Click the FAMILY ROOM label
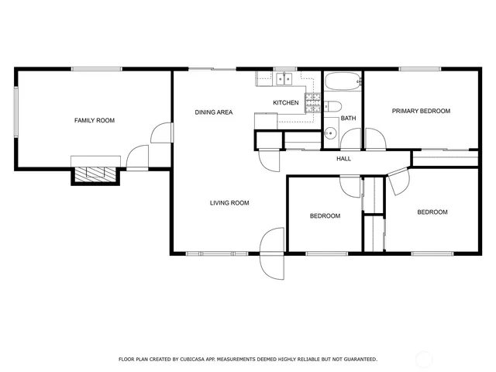pyautogui.click(x=94, y=120)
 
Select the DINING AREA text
pyautogui.click(x=213, y=112)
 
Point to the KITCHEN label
pyautogui.click(x=285, y=102)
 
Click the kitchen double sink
pyautogui.click(x=283, y=78)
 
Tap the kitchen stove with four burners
pyautogui.click(x=312, y=102)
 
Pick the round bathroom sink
pyautogui.click(x=329, y=132)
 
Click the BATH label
pyautogui.click(x=348, y=119)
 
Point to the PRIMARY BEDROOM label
pyautogui.click(x=420, y=111)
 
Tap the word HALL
pyautogui.click(x=343, y=159)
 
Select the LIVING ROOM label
pyautogui.click(x=229, y=203)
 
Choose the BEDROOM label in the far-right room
pyautogui.click(x=432, y=212)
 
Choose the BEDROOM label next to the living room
pyautogui.click(x=325, y=215)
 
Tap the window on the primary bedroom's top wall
pyautogui.click(x=420, y=70)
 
